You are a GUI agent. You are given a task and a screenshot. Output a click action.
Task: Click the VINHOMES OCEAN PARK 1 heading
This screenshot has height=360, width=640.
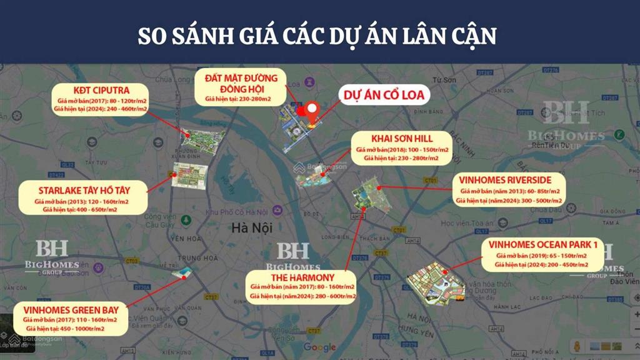tap(542, 245)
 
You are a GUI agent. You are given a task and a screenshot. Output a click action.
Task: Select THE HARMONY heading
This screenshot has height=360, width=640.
tap(302, 277)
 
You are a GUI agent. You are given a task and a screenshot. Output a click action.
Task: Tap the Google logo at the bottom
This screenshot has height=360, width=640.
tap(319, 347)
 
